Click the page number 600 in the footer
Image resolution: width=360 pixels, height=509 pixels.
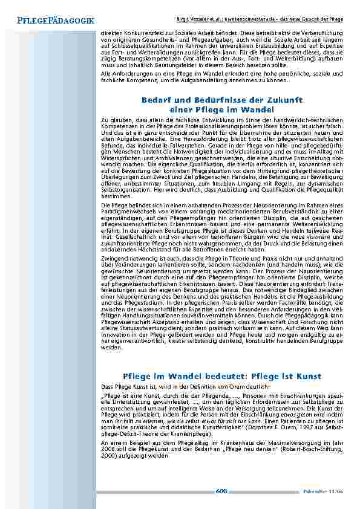221,491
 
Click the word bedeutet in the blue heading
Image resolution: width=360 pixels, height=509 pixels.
211,375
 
